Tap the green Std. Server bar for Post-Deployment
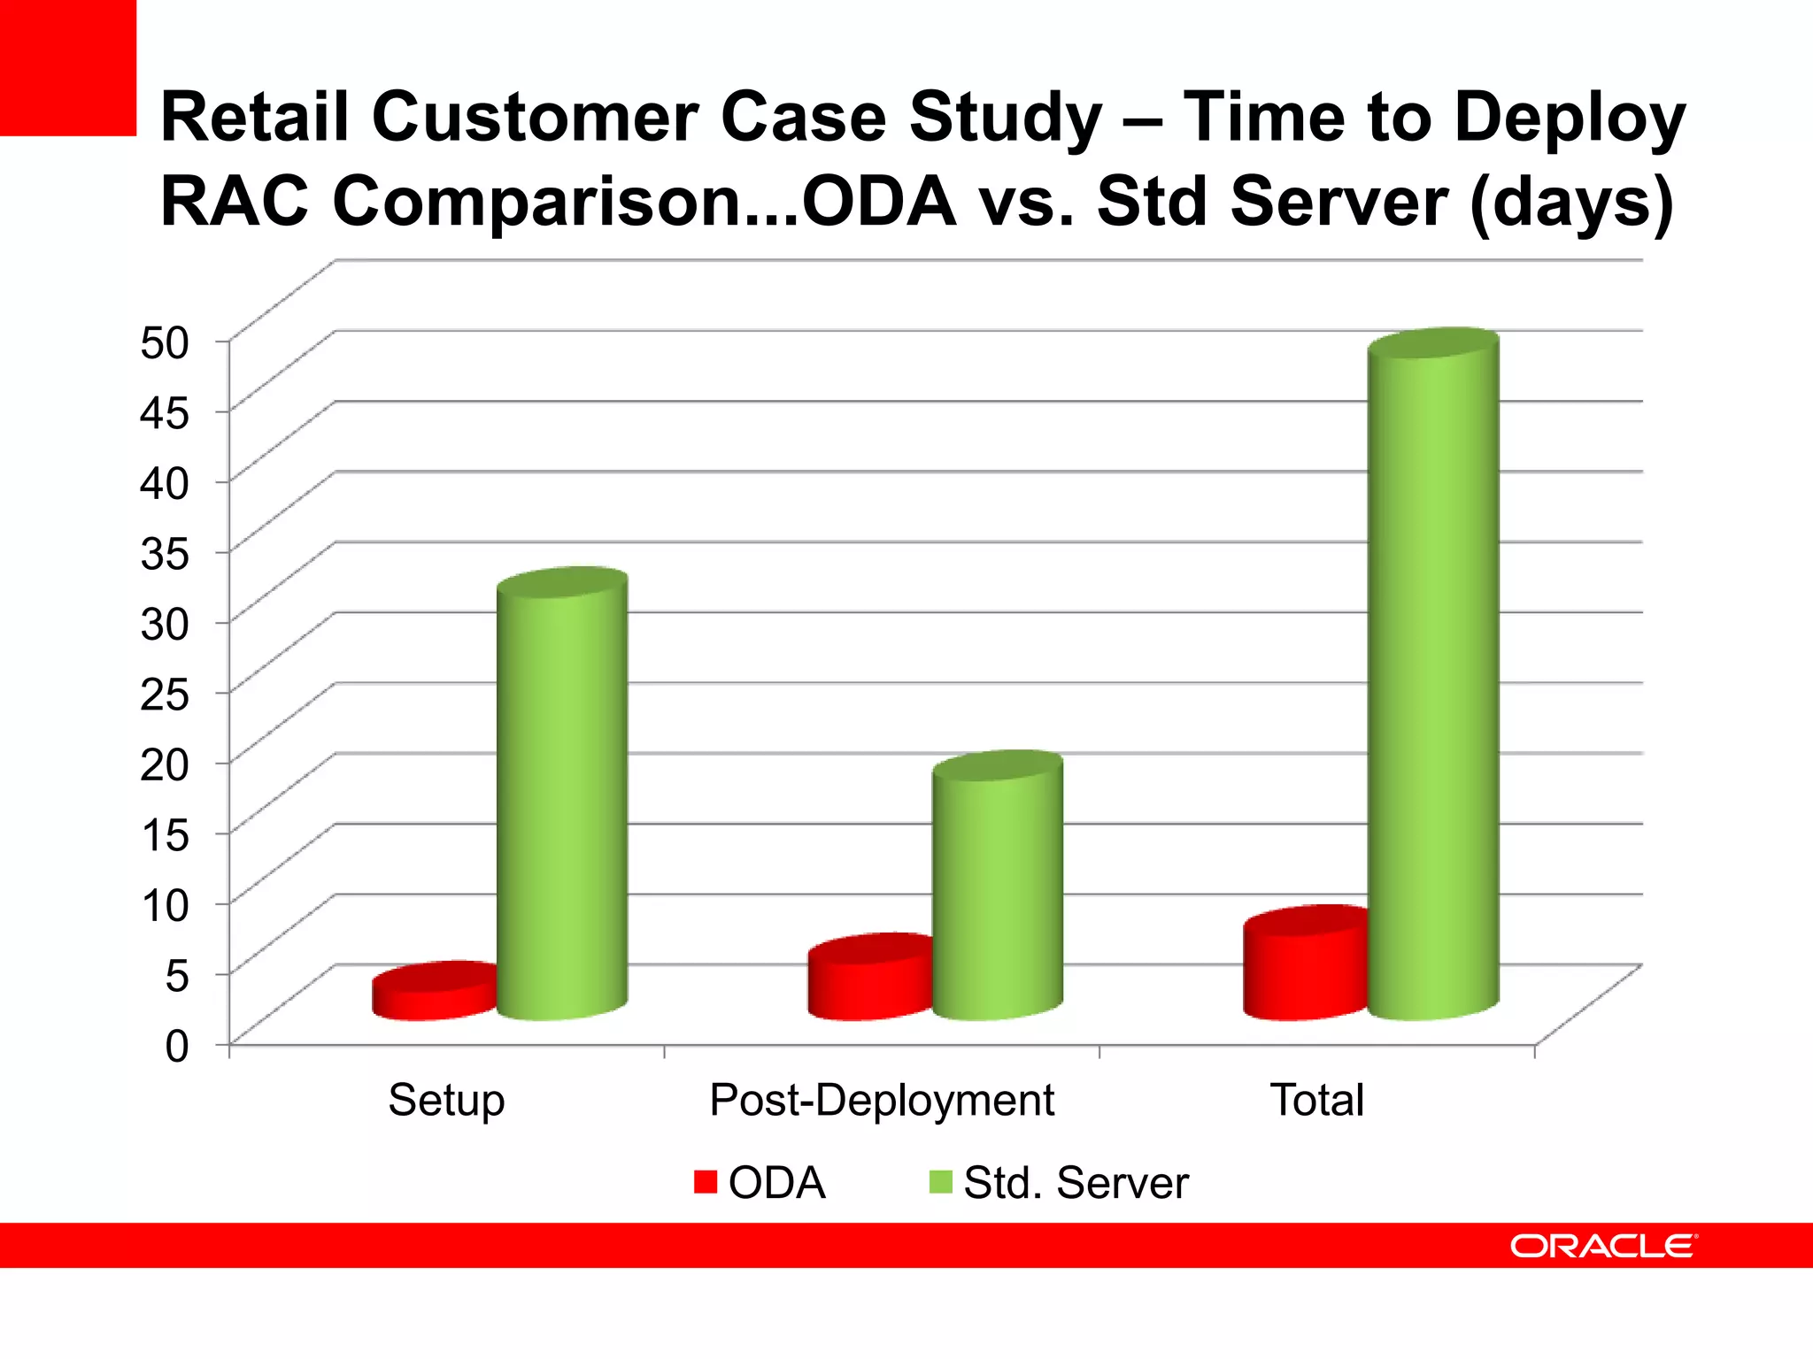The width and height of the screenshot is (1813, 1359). coord(998,889)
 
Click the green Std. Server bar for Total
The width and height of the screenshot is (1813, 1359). coord(1432,677)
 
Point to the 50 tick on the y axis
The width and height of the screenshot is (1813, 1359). coord(165,343)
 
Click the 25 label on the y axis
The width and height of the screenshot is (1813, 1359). coord(165,695)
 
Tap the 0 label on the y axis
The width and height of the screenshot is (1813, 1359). coord(177,1047)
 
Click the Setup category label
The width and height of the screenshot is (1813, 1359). coord(446,1101)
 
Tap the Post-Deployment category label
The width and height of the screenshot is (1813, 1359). coord(882,1101)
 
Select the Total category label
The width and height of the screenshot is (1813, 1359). coord(1316,1101)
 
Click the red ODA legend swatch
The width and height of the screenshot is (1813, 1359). coord(706,1182)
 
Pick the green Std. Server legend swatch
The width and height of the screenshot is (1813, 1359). coord(940,1182)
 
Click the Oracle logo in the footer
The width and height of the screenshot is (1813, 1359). coord(1602,1246)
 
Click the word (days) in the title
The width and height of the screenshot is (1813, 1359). coord(1571,202)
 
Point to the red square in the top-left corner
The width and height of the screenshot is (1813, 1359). coord(67,67)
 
